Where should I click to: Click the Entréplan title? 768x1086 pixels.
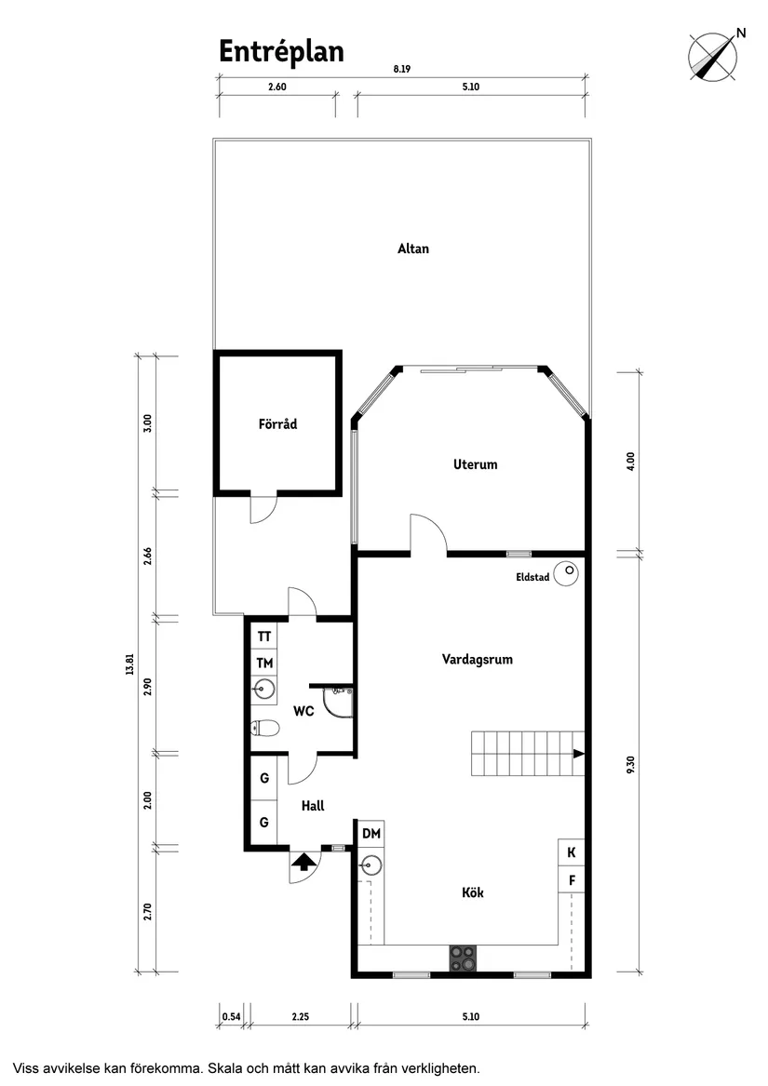[x=281, y=52]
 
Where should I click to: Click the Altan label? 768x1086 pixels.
[x=413, y=249]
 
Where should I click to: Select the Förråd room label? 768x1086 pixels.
[x=277, y=424]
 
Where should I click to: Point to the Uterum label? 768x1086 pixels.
[x=475, y=464]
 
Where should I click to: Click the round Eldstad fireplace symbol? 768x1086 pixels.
[x=567, y=575]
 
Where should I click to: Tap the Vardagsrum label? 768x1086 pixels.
[x=477, y=660]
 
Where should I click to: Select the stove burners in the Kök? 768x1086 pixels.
[x=463, y=959]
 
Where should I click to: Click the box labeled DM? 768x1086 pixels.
[x=371, y=834]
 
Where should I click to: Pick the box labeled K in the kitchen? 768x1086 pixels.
[x=572, y=852]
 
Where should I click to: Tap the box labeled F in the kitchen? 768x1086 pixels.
[x=572, y=878]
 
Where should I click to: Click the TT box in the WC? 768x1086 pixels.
[x=264, y=637]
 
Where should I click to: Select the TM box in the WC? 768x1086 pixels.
[x=264, y=664]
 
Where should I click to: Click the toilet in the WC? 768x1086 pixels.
[x=264, y=729]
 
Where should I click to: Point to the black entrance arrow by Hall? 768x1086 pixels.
[x=302, y=862]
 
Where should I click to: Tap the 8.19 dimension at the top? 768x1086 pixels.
[x=401, y=69]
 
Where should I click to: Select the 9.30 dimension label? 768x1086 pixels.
[x=631, y=763]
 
